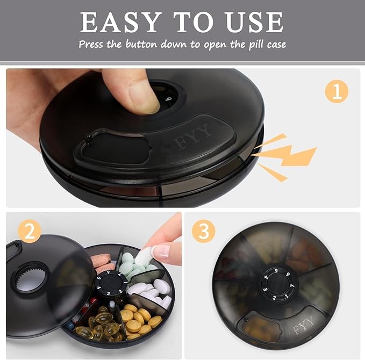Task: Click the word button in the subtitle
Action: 141,44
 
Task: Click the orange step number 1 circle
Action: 337,91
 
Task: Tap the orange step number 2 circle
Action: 30,231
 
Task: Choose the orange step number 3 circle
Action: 204,231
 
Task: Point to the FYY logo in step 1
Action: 194,136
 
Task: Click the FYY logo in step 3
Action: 303,325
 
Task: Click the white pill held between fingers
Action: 144,255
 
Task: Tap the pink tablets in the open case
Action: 103,263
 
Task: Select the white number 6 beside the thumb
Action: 169,99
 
